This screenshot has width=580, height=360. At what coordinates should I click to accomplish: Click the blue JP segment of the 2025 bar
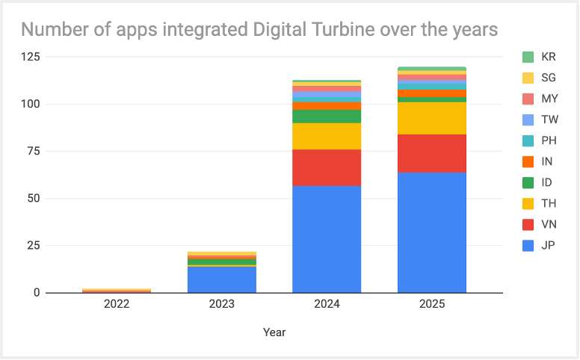point(432,232)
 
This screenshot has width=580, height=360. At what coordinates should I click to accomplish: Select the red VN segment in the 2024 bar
point(327,168)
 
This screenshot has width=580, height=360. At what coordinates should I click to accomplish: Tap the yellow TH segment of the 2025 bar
point(432,118)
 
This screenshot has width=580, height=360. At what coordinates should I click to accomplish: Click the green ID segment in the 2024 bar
point(327,117)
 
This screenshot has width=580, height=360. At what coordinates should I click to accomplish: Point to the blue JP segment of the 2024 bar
point(327,239)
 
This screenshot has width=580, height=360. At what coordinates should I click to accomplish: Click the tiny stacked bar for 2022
point(117,290)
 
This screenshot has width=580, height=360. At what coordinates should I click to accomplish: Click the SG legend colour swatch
point(528,78)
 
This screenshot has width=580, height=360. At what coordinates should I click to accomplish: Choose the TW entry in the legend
point(549,120)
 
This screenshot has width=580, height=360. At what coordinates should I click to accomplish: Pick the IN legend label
point(548,161)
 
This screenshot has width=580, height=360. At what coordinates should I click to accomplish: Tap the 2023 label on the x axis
point(222,305)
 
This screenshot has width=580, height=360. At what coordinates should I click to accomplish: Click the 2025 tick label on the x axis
point(432,305)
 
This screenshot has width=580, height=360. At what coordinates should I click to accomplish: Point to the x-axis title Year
point(274,332)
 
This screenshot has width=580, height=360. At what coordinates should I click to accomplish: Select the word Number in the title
point(52,30)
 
